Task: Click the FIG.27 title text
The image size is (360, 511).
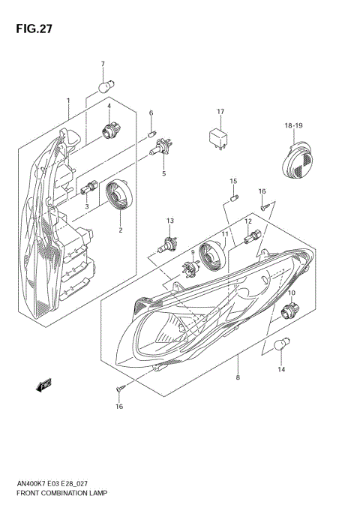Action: click(31, 29)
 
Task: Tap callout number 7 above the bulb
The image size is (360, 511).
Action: click(103, 64)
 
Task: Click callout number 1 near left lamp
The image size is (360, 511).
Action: click(67, 101)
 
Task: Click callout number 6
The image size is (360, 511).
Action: click(150, 113)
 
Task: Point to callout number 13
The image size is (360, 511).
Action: click(170, 221)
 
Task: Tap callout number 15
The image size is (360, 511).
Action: click(233, 182)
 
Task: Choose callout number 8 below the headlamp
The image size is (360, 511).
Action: click(237, 378)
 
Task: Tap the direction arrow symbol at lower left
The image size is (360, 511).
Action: click(42, 386)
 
